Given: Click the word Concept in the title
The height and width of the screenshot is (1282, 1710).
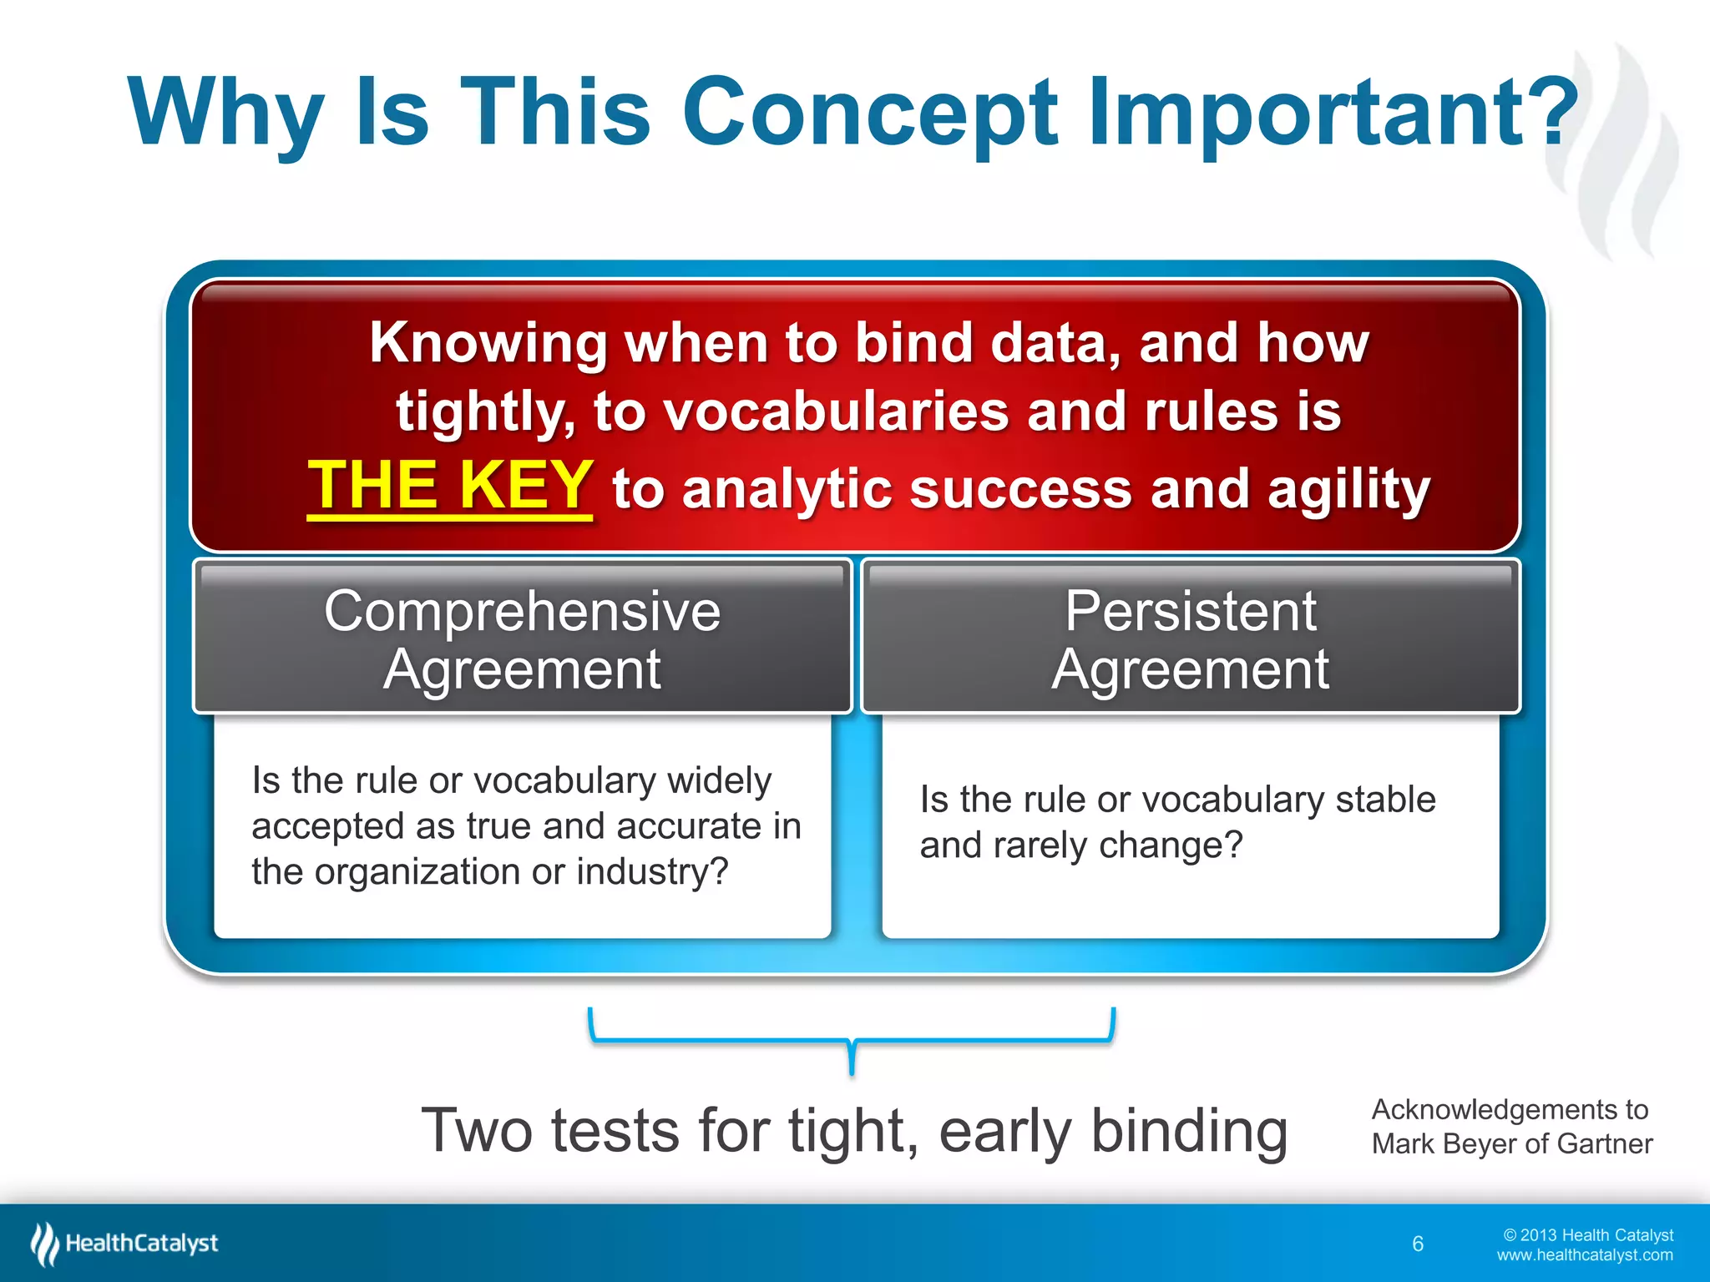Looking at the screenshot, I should click(868, 113).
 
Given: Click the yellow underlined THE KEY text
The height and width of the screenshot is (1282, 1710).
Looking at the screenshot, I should click(450, 486).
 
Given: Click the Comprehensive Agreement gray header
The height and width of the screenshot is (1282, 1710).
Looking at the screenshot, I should click(522, 638).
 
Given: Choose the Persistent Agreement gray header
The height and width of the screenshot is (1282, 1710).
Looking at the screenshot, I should click(1190, 638).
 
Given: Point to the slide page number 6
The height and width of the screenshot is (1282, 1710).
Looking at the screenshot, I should click(1418, 1244).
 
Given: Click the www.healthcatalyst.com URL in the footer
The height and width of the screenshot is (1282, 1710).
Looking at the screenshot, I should click(1584, 1255).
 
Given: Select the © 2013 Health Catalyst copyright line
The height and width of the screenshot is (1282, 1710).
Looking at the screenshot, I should click(1588, 1235).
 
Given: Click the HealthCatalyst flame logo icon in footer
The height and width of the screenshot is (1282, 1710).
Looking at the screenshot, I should click(44, 1244).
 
